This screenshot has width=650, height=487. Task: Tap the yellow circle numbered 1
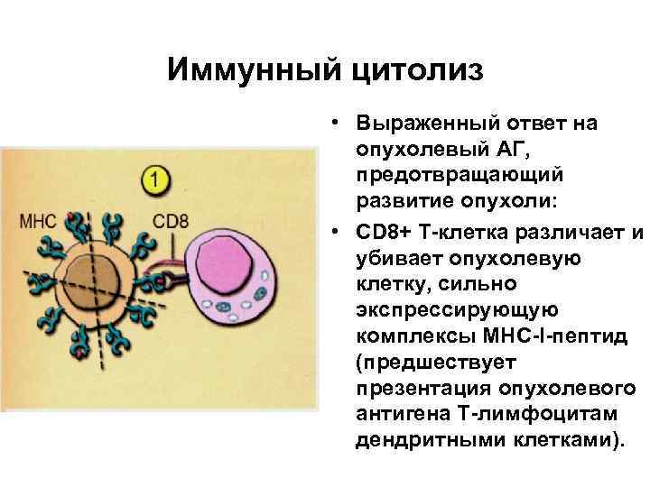pos(156,179)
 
